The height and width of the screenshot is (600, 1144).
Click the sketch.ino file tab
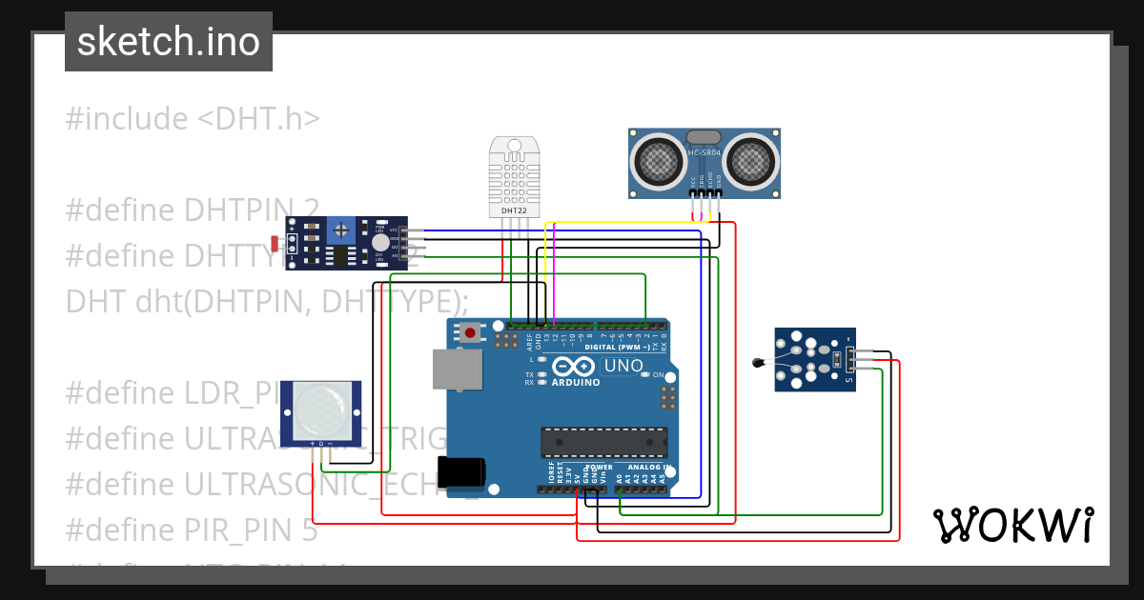coord(169,42)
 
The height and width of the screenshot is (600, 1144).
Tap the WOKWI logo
coord(1012,525)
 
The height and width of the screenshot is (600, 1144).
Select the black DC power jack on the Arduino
coord(461,472)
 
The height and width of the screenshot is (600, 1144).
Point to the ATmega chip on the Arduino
coord(603,443)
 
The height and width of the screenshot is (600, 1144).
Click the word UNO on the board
coord(624,366)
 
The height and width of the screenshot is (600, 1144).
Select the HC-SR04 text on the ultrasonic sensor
coord(705,153)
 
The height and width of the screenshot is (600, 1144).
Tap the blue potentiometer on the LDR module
coord(340,230)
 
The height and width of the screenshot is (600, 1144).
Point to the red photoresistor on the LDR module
coord(276,242)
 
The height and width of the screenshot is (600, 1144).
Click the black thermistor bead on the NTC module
coord(759,361)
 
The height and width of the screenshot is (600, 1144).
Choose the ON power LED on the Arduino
coord(645,375)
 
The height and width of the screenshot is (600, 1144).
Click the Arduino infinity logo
coord(572,367)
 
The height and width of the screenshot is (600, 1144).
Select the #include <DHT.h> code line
coord(193,119)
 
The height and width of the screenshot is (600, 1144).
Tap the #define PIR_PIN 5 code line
coord(192,530)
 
